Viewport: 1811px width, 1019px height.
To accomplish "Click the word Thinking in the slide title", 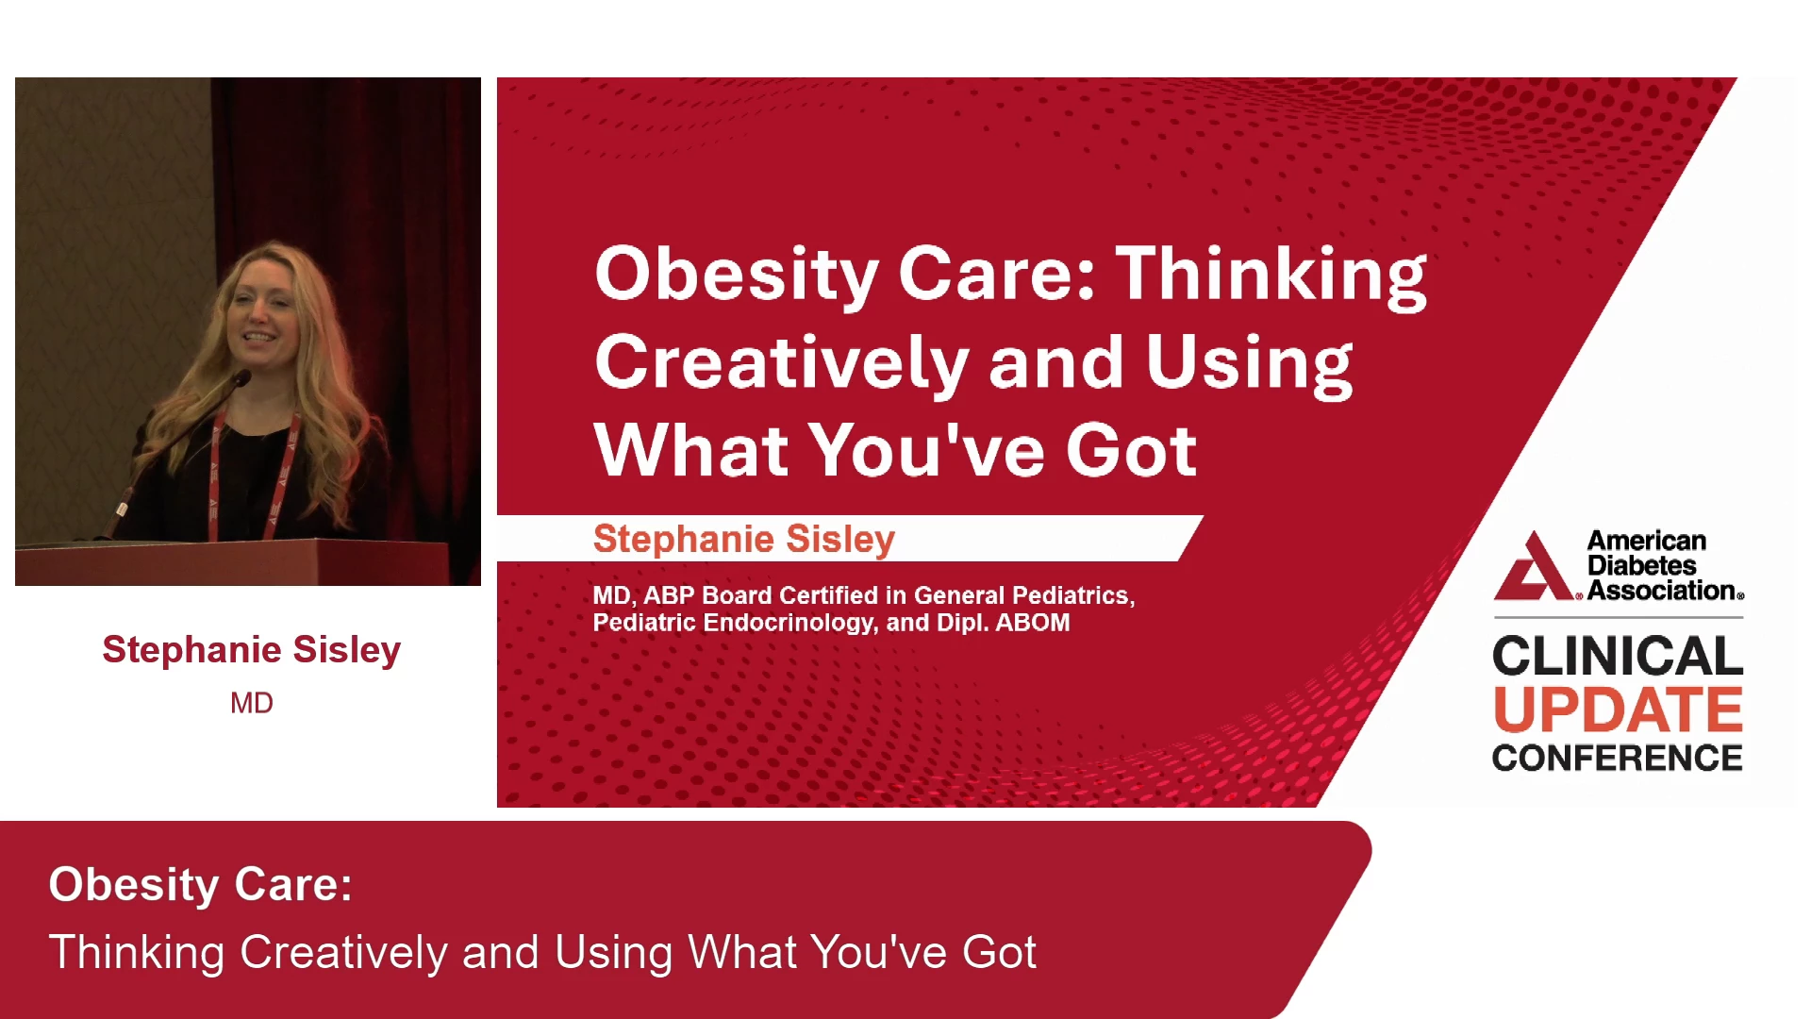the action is point(1271,276).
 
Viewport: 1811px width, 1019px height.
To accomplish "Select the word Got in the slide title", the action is point(1132,450).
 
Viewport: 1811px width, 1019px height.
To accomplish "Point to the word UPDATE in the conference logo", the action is point(1618,710).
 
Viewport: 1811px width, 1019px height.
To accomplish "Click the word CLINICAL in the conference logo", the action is point(1618,656).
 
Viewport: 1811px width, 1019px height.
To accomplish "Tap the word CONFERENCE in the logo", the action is point(1618,758).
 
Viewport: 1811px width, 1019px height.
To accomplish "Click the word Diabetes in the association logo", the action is point(1641,565).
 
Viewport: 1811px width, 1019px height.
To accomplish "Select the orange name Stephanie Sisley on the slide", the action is point(743,539).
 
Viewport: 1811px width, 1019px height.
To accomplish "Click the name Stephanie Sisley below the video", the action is point(252,649).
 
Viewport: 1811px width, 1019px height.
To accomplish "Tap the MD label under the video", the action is point(252,703).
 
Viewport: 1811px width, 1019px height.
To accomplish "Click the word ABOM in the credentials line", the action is point(1033,623).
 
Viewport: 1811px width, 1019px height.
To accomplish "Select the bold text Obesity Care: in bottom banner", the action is point(200,885).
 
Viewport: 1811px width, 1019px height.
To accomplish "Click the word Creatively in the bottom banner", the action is point(343,952).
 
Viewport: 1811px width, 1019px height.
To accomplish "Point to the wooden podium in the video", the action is point(231,562).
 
